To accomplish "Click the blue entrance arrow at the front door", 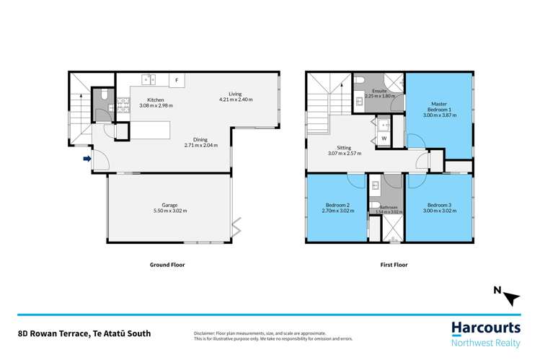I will [x=88, y=159].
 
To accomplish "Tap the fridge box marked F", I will [x=176, y=80].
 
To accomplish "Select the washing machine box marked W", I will [x=384, y=138].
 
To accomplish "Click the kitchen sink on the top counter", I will [x=150, y=79].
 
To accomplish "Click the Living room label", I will [x=236, y=94].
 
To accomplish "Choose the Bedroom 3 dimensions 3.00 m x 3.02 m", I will [x=440, y=211].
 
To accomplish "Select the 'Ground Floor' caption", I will [x=167, y=265].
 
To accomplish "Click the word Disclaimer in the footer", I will [x=205, y=333].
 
